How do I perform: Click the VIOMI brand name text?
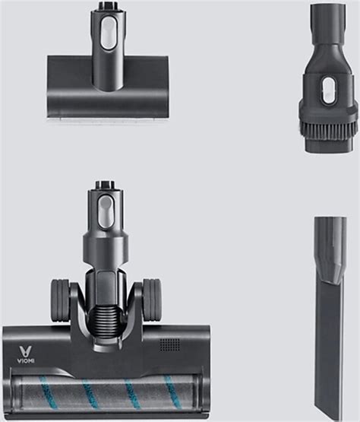(26, 361)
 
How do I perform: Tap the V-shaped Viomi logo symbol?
(26, 352)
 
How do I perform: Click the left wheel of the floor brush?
(60, 300)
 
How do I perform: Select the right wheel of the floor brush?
(152, 300)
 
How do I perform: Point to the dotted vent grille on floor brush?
(170, 344)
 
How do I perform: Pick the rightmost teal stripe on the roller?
(172, 390)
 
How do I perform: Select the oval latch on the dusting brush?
(328, 90)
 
